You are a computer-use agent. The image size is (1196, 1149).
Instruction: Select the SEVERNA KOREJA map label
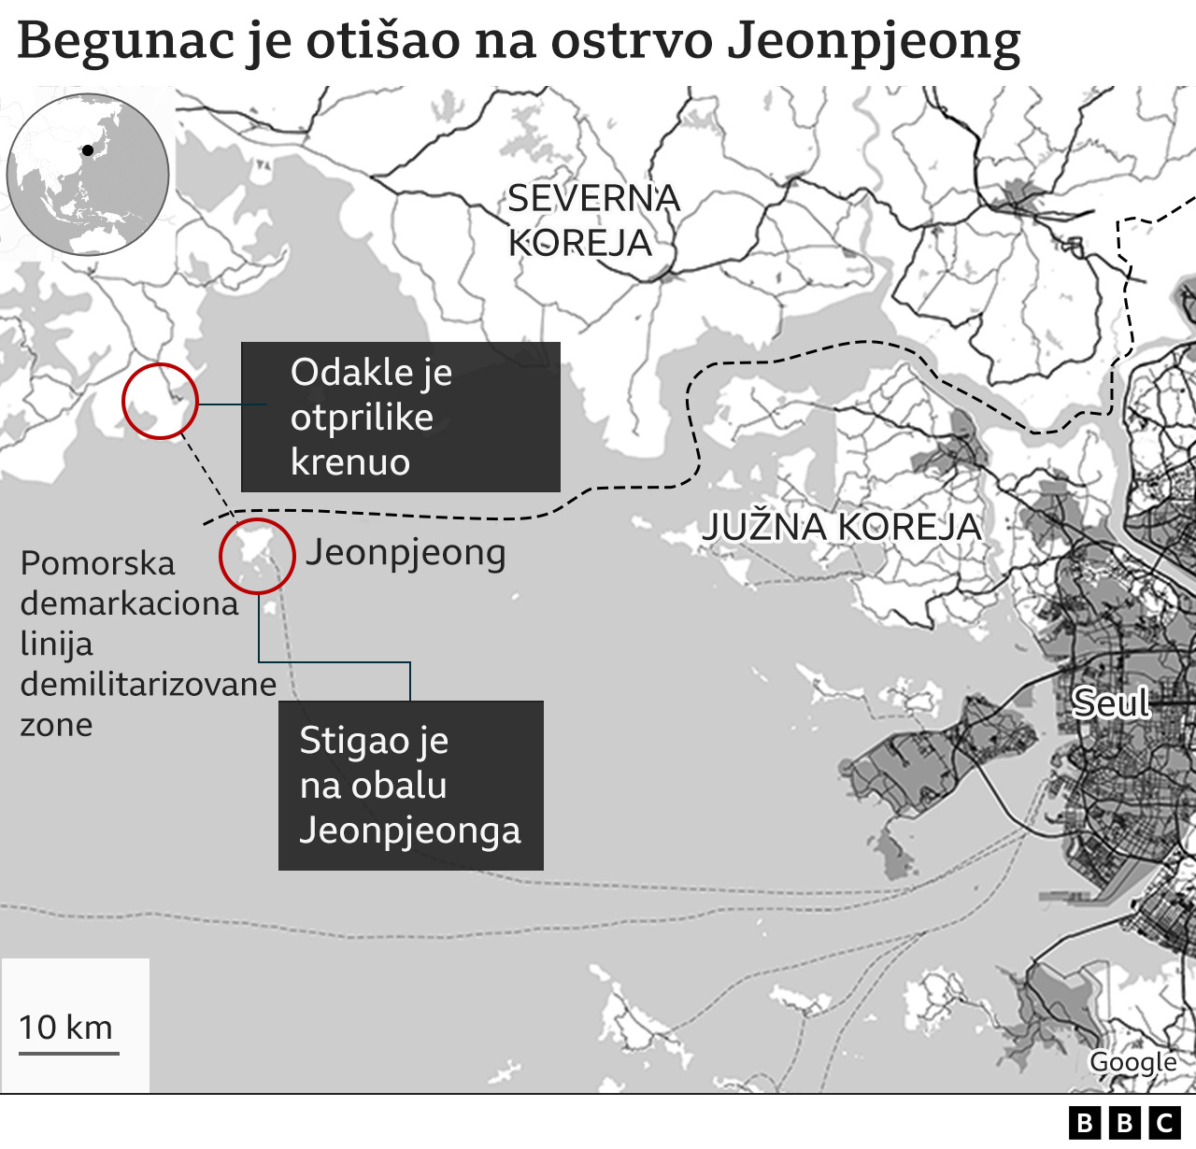pos(593,220)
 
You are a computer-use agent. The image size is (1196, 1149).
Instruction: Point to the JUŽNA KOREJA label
pos(841,527)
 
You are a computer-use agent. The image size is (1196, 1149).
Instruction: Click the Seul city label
pos(1110,702)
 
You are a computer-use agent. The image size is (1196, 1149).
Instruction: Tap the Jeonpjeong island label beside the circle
pos(406,553)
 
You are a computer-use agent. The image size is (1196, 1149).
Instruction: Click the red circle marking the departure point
pos(160,401)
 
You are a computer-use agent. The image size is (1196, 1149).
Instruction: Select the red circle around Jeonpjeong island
pos(257,556)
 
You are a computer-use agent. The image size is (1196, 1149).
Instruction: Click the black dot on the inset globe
pos(88,149)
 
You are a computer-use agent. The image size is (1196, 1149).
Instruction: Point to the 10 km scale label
pos(65,1028)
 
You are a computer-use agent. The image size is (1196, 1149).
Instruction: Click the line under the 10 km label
pos(68,1054)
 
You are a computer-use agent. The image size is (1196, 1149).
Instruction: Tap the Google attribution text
pos(1132,1062)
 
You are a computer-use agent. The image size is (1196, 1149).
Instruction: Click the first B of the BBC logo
pos(1085,1122)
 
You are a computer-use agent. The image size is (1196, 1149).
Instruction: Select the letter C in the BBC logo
pos(1164,1122)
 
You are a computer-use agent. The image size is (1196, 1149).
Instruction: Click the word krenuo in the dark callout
pos(350,462)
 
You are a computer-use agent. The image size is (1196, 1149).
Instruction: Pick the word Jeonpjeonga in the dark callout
pos(409,830)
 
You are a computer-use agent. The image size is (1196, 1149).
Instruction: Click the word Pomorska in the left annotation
pos(97,564)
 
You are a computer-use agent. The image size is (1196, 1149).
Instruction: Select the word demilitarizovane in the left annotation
pos(148,685)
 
